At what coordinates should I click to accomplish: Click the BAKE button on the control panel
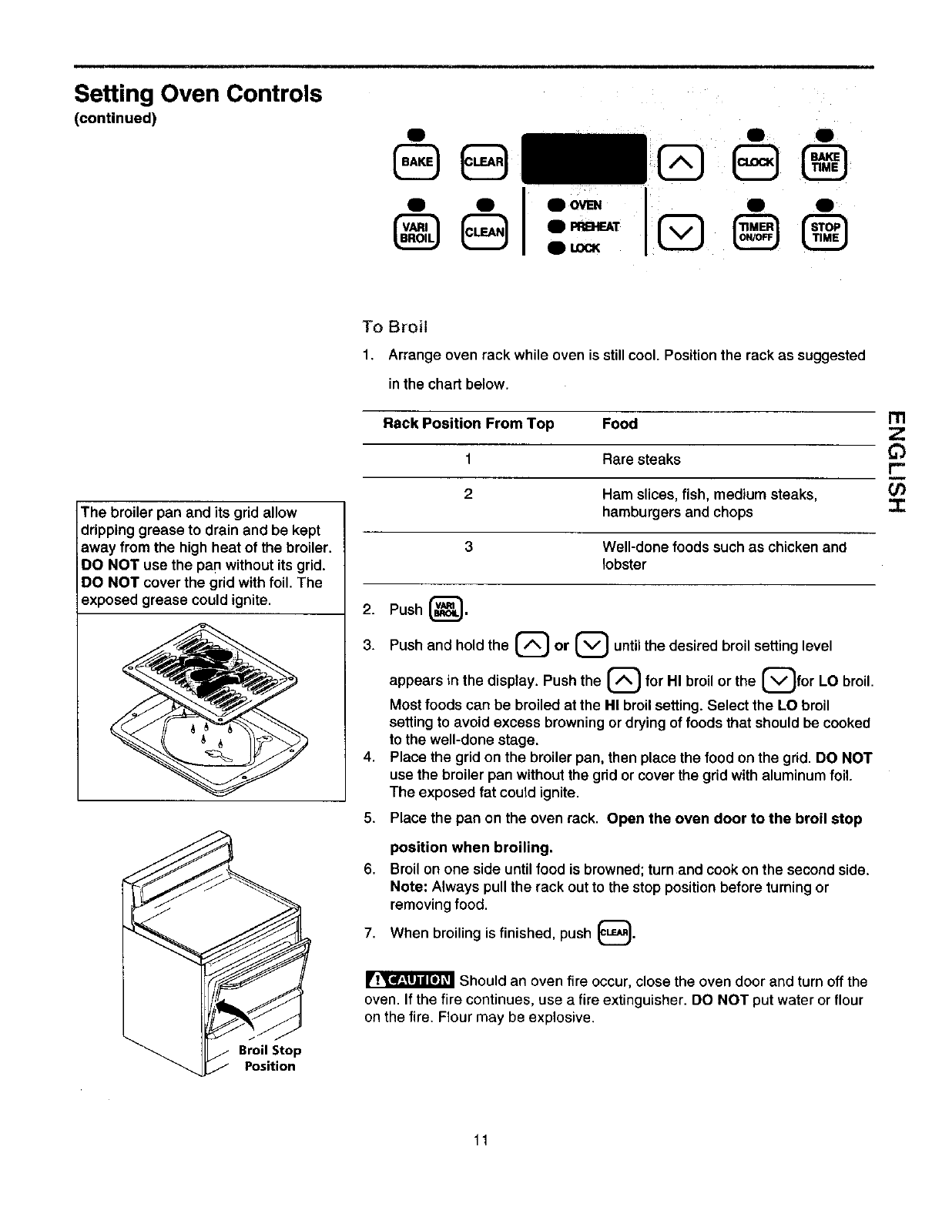[417, 162]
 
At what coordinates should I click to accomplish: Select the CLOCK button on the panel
[757, 162]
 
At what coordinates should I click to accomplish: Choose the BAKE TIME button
[825, 162]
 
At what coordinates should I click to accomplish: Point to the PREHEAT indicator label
[593, 226]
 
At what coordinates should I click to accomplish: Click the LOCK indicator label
[584, 248]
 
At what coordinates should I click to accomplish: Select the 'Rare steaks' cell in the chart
[641, 460]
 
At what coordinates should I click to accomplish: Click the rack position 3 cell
[468, 547]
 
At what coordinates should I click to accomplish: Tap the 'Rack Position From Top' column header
[468, 424]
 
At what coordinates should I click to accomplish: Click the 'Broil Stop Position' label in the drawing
[270, 1058]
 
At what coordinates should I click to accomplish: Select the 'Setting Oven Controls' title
[198, 94]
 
